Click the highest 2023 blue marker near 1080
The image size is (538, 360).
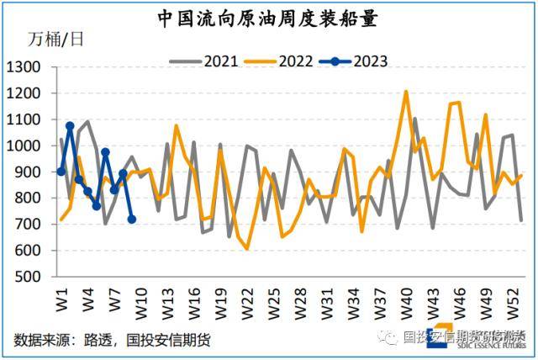70,126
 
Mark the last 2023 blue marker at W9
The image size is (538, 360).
132,220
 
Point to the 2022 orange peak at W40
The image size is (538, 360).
406,92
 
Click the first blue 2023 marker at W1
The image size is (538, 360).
61,172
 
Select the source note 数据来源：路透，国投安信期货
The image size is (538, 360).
112,340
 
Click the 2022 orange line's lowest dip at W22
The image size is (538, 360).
247,249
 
